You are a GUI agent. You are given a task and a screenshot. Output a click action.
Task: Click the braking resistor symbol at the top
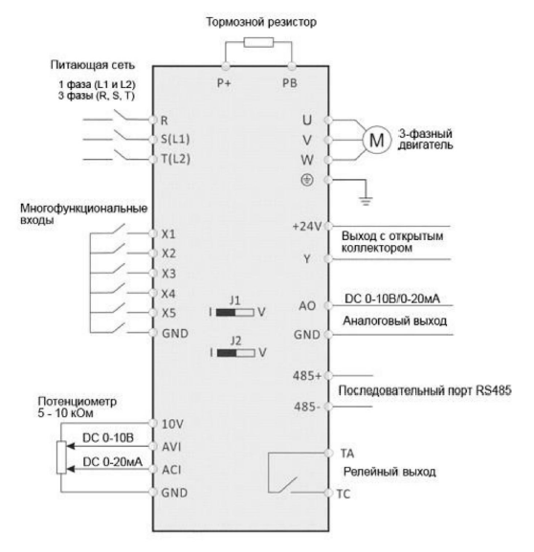click(x=258, y=43)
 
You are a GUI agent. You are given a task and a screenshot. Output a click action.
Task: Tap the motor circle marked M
click(x=377, y=140)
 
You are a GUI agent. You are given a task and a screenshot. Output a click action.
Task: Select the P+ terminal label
click(x=224, y=83)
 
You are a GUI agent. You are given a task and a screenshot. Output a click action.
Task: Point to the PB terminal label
click(x=290, y=83)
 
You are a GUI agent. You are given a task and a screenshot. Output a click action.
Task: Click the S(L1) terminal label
click(x=175, y=139)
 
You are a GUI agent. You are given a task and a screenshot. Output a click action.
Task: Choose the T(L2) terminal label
click(x=176, y=159)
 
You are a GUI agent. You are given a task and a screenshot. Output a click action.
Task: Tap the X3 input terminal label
click(x=168, y=274)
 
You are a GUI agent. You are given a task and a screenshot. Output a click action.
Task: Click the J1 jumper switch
click(x=234, y=312)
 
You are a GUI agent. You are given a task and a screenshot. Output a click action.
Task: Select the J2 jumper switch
click(x=235, y=353)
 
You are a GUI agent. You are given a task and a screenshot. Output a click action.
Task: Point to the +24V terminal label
click(x=307, y=227)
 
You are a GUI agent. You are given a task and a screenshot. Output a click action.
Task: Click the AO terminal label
click(x=307, y=306)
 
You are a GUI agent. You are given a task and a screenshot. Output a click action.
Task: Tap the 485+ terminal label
click(x=307, y=376)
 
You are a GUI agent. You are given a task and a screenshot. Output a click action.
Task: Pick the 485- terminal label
click(x=307, y=407)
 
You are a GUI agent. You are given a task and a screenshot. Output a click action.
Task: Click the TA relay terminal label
click(x=347, y=453)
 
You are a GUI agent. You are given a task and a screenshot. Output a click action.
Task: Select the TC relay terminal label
click(x=344, y=495)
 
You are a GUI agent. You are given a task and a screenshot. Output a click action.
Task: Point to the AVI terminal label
click(x=171, y=447)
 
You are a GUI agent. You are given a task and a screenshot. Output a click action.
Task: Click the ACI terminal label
click(x=171, y=470)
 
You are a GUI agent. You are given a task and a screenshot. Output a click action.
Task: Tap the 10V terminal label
click(x=172, y=424)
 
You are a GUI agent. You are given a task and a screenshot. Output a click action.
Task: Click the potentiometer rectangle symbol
click(x=61, y=457)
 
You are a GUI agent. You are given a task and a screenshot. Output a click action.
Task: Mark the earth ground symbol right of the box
click(x=366, y=201)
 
